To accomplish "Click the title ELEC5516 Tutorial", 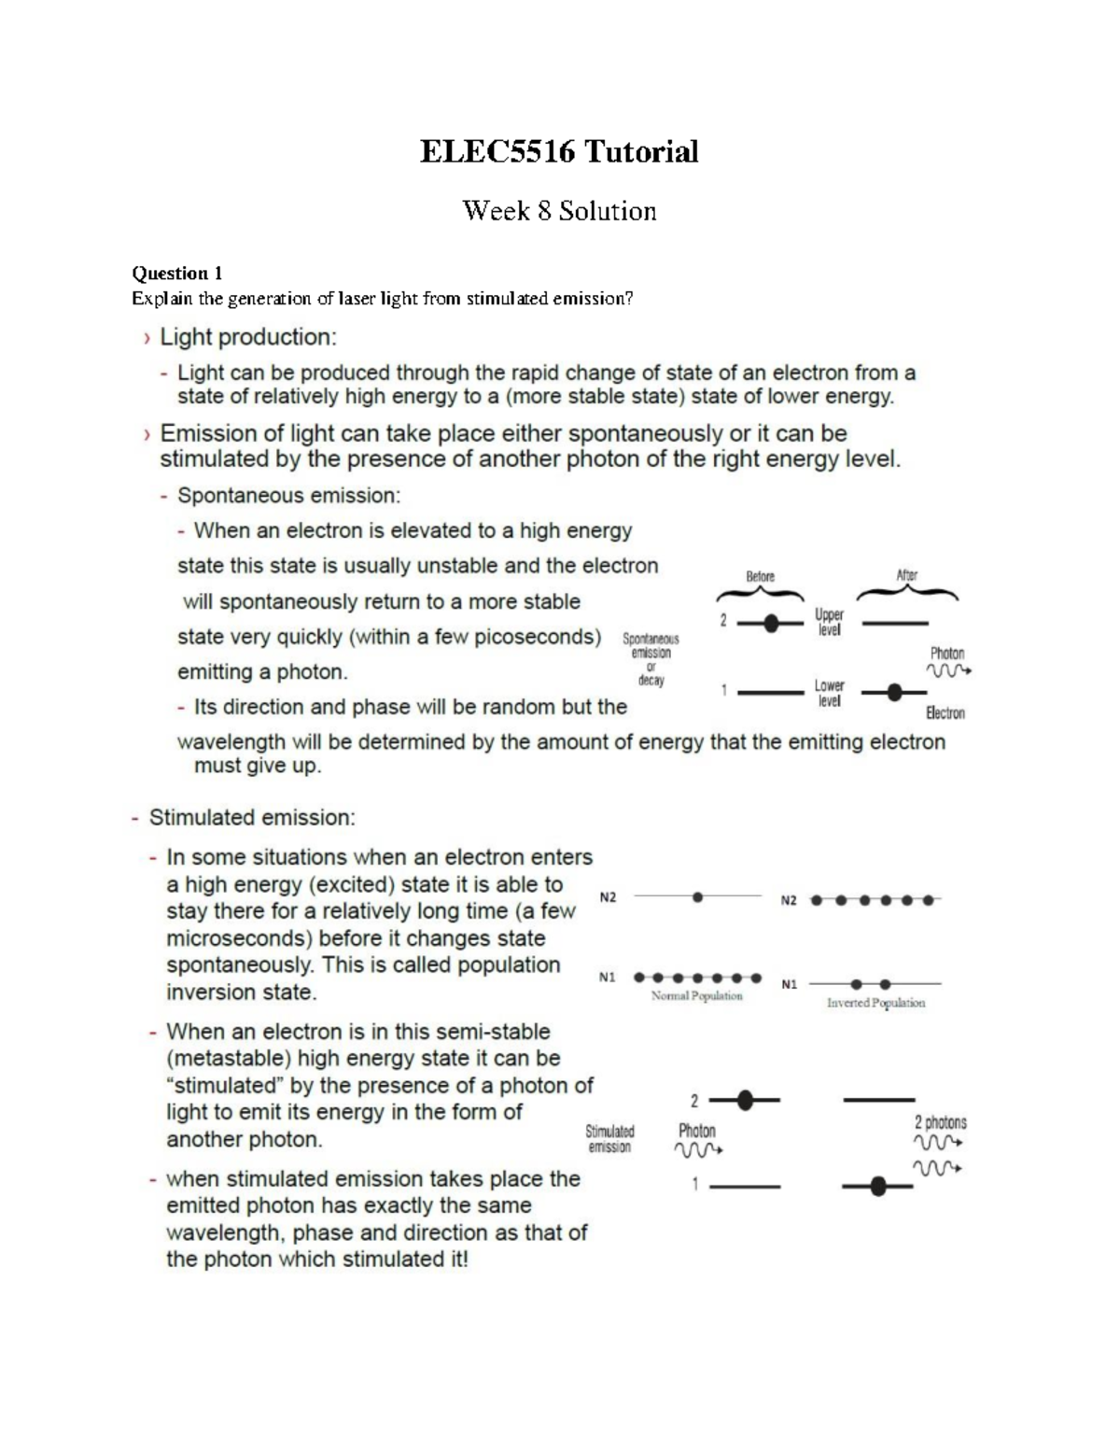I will (x=558, y=151).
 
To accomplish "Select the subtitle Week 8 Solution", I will (x=559, y=211).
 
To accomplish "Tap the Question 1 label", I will (x=177, y=274).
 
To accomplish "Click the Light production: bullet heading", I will (x=247, y=337).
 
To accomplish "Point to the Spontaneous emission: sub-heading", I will (x=288, y=495).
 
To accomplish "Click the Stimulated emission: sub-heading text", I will (x=252, y=818).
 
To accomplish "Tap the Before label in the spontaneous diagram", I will (x=760, y=576).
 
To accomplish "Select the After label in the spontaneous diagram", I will (x=906, y=575).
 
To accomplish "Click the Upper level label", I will (x=829, y=622).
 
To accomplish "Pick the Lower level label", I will (x=829, y=693).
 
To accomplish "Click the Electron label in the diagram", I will (x=945, y=713).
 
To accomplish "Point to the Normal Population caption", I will (x=696, y=996).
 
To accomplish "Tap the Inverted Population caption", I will (x=875, y=1003).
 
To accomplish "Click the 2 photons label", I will (x=940, y=1122).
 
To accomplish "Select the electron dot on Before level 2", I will (x=771, y=623).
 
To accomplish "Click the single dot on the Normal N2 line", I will (x=697, y=897).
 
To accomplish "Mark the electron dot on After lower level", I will (x=894, y=693).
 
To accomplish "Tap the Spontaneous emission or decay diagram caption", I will (x=651, y=659).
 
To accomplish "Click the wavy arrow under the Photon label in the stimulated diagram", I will (x=697, y=1150).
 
